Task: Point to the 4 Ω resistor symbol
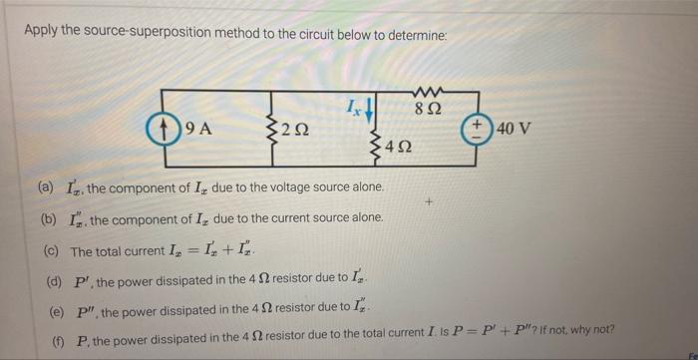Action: tap(376, 147)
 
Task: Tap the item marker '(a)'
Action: tap(47, 187)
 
